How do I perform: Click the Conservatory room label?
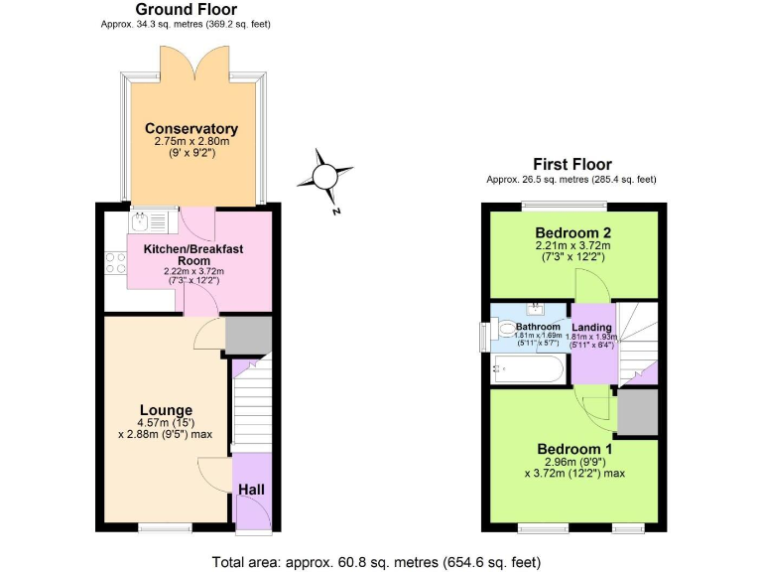191,129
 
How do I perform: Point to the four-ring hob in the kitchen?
115,263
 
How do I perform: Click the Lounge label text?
166,410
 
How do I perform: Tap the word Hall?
251,490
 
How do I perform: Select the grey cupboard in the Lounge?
248,337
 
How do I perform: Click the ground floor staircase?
251,406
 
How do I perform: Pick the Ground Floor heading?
186,9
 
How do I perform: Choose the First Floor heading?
571,164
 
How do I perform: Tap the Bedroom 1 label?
574,449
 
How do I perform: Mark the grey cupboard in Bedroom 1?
638,412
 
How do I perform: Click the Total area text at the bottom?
377,562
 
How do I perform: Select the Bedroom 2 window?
564,206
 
